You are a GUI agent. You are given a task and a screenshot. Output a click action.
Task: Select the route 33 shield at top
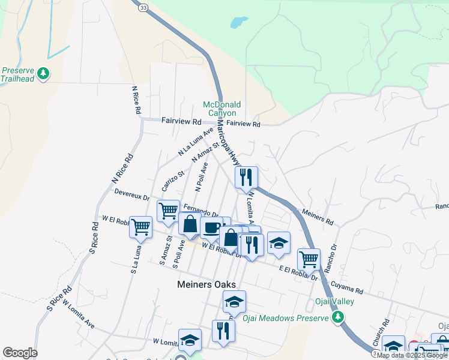point(142,8)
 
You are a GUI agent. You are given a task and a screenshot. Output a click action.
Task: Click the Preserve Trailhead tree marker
point(43,73)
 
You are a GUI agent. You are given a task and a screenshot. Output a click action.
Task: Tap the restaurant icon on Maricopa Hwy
point(246,178)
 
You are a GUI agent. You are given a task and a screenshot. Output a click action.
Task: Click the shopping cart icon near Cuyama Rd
point(309,260)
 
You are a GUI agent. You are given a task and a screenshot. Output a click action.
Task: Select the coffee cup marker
point(211,228)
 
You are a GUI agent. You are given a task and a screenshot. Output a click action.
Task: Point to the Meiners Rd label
point(318,216)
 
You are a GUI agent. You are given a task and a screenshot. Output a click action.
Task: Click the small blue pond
point(238,23)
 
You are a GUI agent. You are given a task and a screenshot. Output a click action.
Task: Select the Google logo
point(20,353)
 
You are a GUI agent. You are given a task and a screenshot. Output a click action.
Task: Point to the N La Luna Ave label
point(196,143)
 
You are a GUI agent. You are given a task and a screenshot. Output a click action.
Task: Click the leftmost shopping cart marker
point(140,227)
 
